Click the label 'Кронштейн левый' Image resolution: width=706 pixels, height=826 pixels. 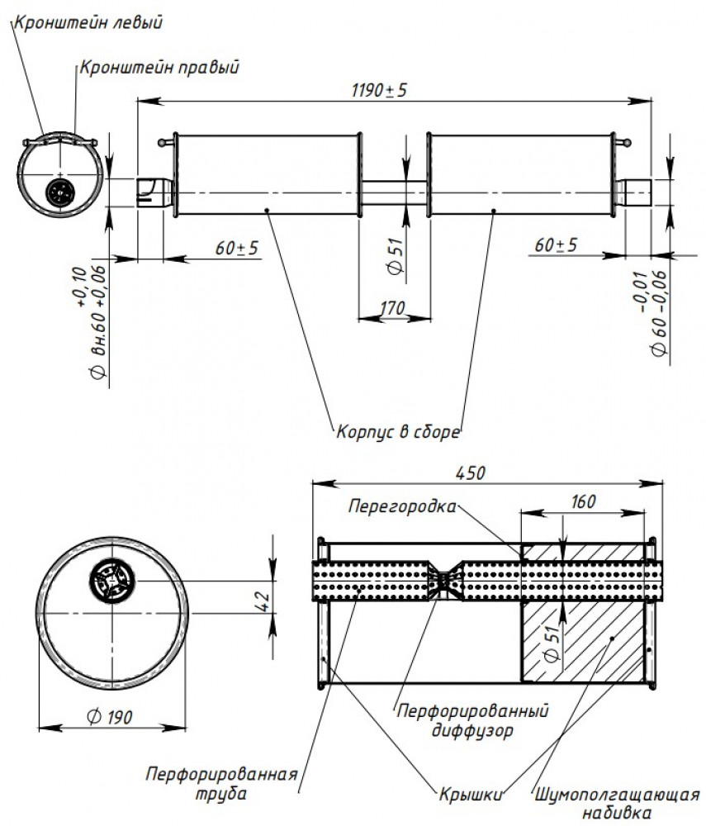click(88, 22)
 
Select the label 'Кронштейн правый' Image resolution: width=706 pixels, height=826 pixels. click(159, 68)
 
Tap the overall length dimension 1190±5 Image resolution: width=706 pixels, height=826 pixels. click(379, 90)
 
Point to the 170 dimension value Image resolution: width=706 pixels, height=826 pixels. click(392, 307)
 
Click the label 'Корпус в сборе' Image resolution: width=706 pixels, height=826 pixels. click(398, 432)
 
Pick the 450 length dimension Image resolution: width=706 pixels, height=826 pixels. click(470, 473)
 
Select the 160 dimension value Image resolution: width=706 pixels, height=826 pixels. click(583, 502)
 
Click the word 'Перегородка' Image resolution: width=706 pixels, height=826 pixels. click(402, 507)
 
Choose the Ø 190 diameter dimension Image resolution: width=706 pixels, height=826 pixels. click(110, 717)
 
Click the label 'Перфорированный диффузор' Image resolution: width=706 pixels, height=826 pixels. click(472, 720)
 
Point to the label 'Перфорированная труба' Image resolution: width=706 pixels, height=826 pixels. click(221, 783)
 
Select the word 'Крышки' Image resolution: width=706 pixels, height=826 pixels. click(471, 795)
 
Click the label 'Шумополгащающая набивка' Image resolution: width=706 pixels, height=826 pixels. click(617, 804)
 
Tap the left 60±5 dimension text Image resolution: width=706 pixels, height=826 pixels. click(236, 247)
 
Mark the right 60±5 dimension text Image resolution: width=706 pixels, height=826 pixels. click(556, 244)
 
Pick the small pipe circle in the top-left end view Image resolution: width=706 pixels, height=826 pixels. click(60, 193)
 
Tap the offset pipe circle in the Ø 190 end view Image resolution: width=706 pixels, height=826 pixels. click(112, 581)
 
